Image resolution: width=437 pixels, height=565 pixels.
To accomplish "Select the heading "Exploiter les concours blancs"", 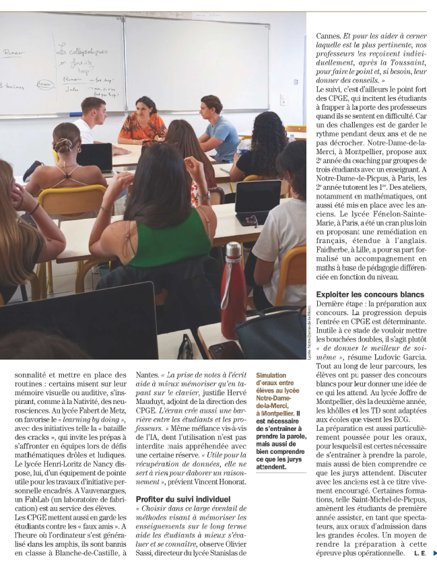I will pos(370,295).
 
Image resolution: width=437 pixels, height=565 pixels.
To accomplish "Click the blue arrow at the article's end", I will pos(433,554).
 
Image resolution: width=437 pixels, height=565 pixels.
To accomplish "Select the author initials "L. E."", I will pos(420,554).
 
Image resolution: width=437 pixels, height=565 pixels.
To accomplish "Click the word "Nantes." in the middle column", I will pos(148,374).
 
